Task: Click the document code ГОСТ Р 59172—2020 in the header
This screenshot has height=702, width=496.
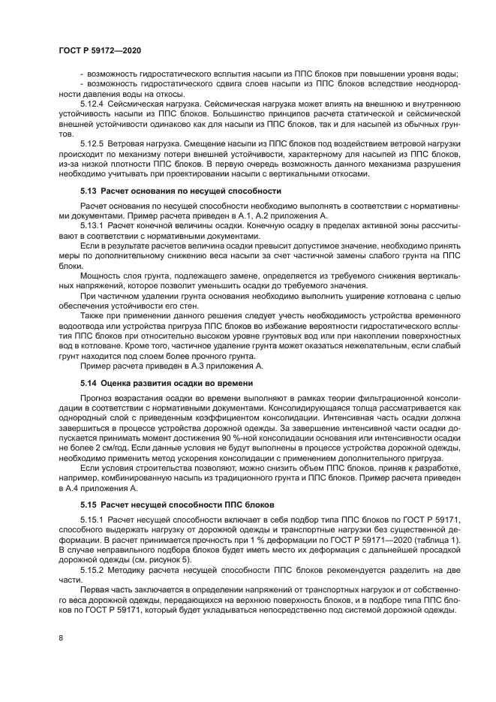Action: tap(99, 50)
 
